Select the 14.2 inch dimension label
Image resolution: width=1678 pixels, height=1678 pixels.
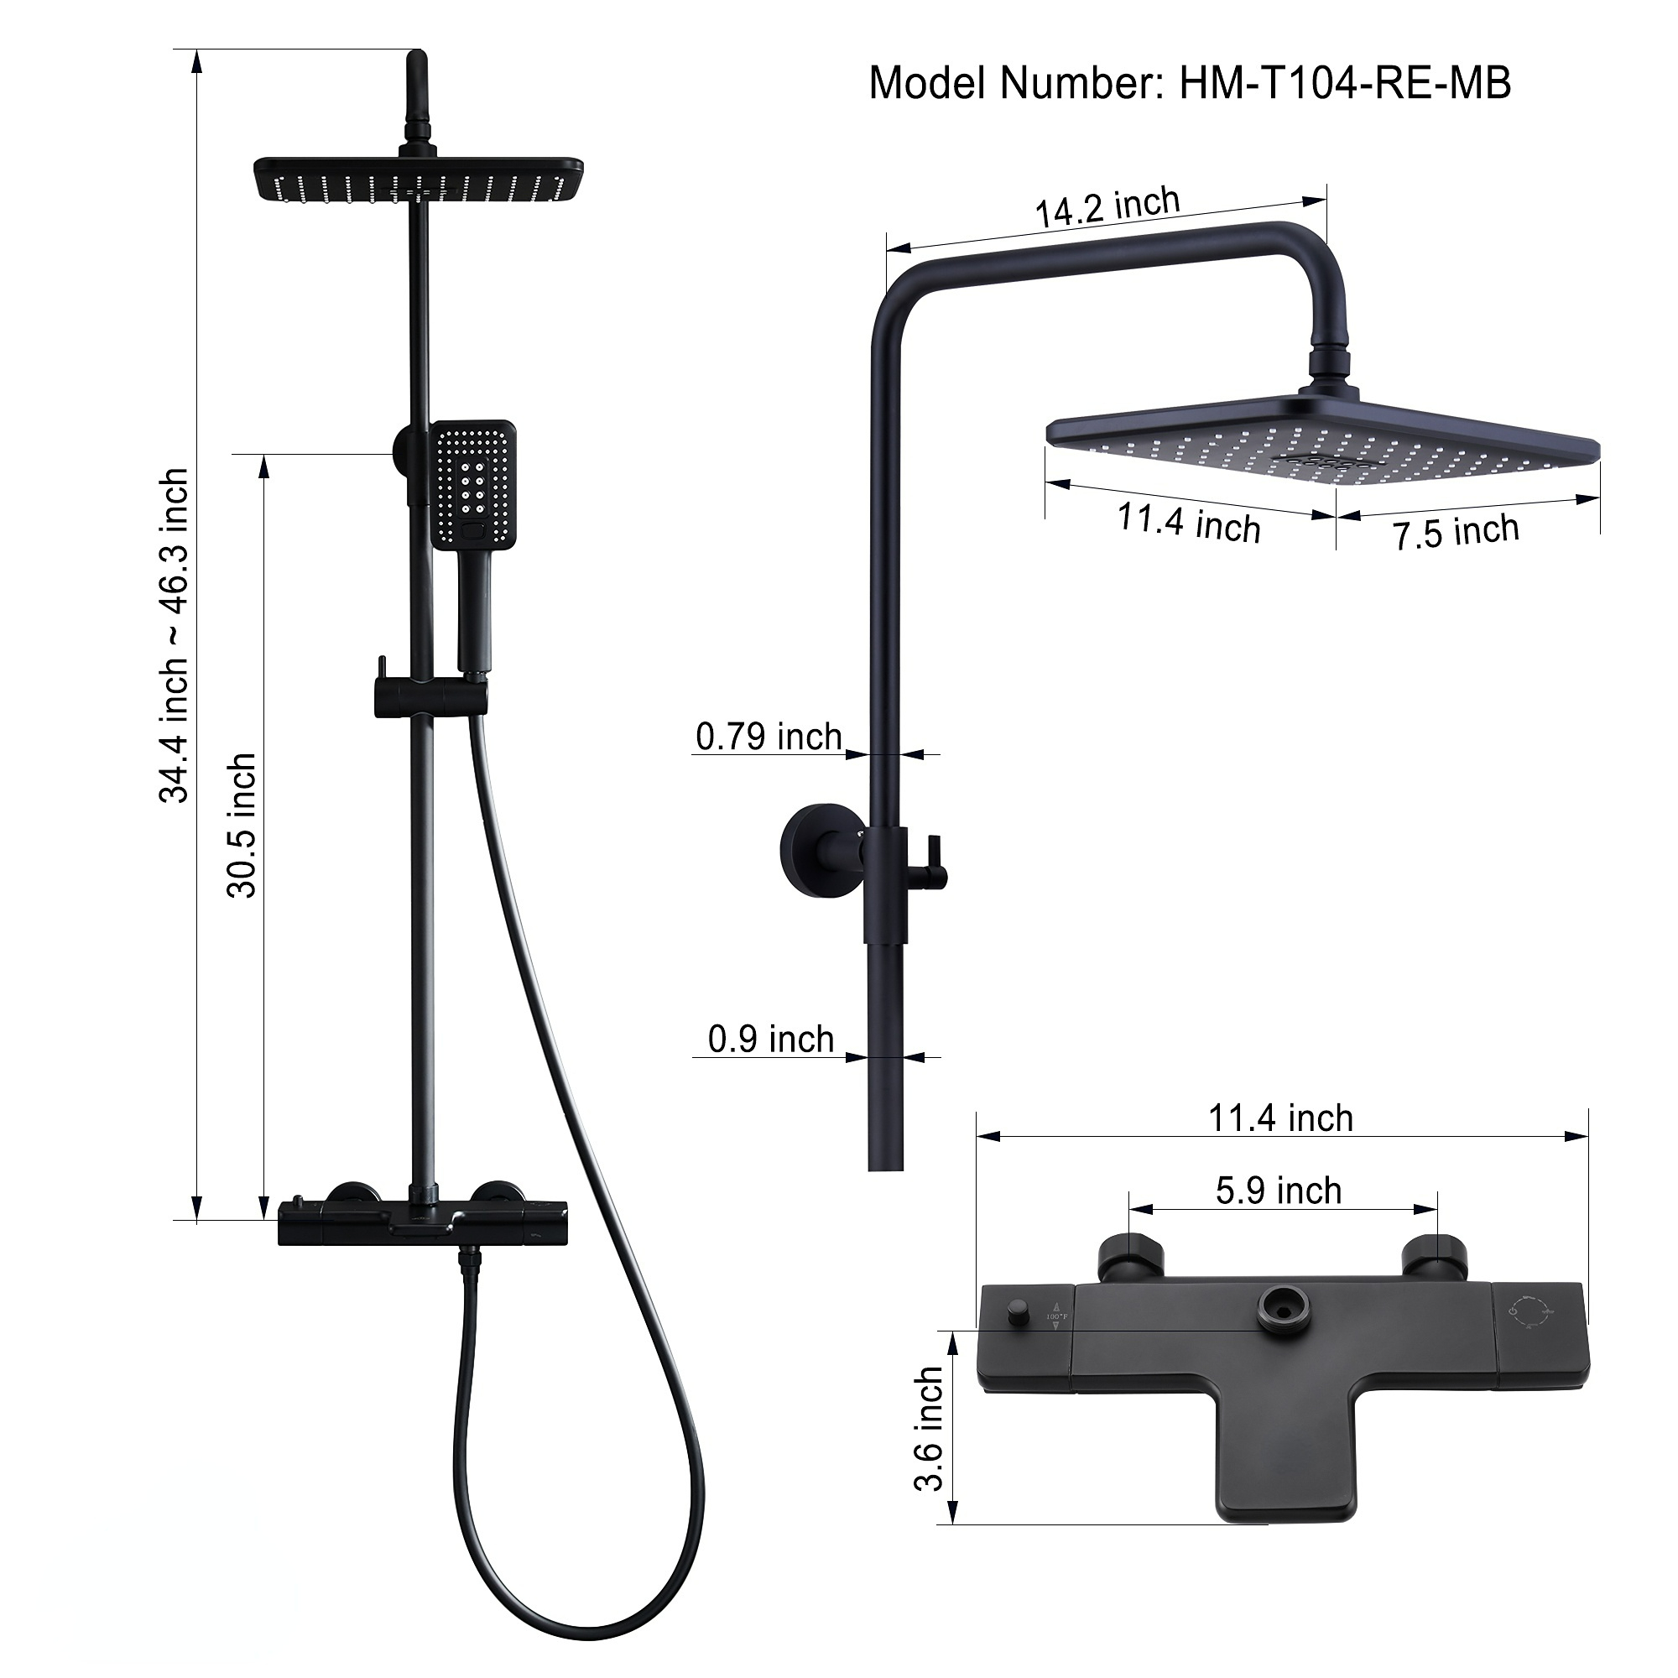pyautogui.click(x=1107, y=207)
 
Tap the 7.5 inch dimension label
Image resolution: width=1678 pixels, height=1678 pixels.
pyautogui.click(x=1456, y=532)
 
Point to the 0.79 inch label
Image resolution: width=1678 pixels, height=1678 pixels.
pyautogui.click(x=768, y=737)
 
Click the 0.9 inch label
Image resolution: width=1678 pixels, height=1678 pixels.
pyautogui.click(x=770, y=1040)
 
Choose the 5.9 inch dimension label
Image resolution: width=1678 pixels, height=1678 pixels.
pyautogui.click(x=1278, y=1191)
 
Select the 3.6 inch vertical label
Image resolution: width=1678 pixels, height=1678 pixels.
pyautogui.click(x=929, y=1429)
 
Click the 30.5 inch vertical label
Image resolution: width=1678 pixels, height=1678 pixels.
pyautogui.click(x=242, y=825)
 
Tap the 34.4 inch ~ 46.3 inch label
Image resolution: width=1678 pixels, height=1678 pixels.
pyautogui.click(x=173, y=635)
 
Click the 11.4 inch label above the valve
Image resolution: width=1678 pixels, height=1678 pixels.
pyautogui.click(x=1280, y=1118)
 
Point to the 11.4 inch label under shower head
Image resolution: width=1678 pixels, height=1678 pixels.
pyautogui.click(x=1187, y=523)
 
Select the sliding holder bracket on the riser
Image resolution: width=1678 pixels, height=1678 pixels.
pyautogui.click(x=429, y=698)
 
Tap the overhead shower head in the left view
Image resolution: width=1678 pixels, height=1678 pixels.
pyautogui.click(x=418, y=179)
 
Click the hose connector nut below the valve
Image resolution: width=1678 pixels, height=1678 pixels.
pyautogui.click(x=470, y=1260)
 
